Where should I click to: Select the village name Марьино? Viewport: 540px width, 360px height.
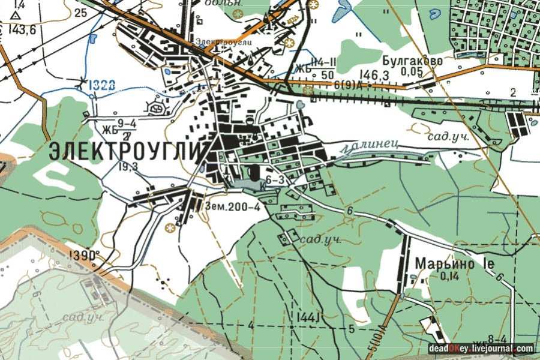[445, 263]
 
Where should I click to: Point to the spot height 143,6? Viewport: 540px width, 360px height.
[23, 29]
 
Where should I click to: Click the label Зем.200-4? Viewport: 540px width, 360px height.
[232, 208]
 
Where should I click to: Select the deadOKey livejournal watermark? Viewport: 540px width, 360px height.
[480, 349]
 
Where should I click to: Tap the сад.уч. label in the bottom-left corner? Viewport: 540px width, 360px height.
[86, 316]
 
